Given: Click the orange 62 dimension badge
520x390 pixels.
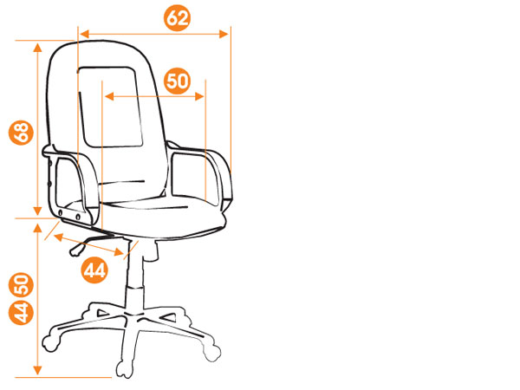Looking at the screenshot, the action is tap(178, 18).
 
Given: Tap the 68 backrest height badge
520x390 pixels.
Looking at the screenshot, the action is tap(21, 133).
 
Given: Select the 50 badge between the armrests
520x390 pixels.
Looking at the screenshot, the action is tap(178, 81).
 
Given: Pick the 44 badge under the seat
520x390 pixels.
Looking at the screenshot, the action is tap(94, 270).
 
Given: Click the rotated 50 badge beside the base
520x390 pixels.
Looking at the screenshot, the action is tap(21, 285).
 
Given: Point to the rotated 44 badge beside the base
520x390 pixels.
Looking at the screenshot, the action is tap(21, 312).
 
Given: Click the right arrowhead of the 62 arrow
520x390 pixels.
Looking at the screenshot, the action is tap(224, 34).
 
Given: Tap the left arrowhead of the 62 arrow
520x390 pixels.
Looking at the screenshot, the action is tap(85, 34).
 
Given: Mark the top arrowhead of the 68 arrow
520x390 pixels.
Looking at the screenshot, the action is tap(38, 48).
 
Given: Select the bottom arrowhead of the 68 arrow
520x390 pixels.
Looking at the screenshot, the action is tap(38, 211).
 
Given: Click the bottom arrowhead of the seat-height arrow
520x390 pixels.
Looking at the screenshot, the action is tap(38, 370).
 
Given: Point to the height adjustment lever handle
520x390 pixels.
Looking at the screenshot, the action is tap(76, 250).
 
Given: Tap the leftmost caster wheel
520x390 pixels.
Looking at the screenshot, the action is tap(50, 344).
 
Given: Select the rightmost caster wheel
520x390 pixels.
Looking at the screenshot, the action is tap(212, 353).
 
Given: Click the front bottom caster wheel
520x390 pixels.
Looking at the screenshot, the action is tap(125, 369).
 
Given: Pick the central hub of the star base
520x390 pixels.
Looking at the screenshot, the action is tap(134, 315).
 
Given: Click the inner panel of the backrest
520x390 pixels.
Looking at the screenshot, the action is tap(111, 107).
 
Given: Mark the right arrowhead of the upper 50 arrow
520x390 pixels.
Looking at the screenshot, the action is tap(199, 96).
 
